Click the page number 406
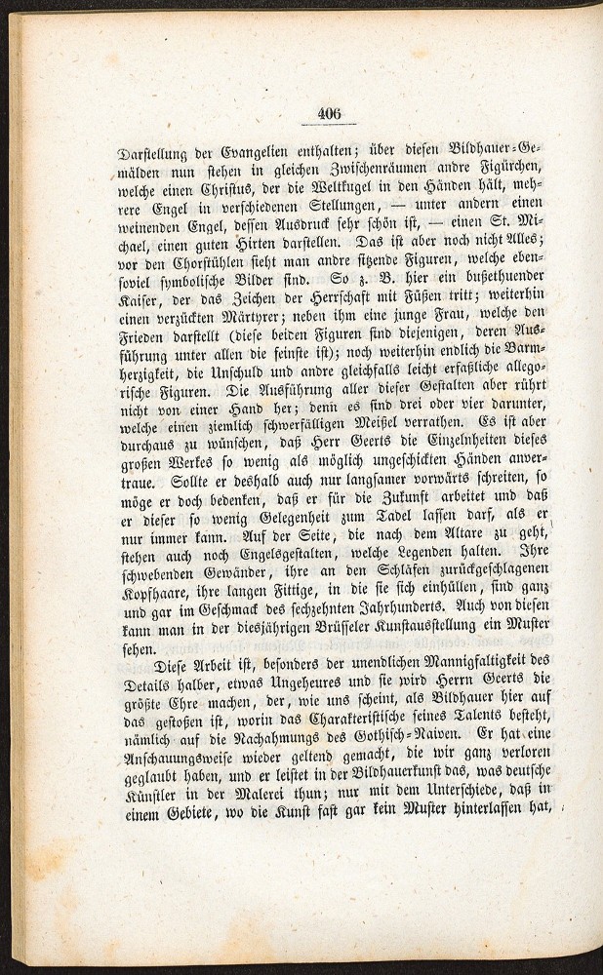[x=329, y=113]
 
